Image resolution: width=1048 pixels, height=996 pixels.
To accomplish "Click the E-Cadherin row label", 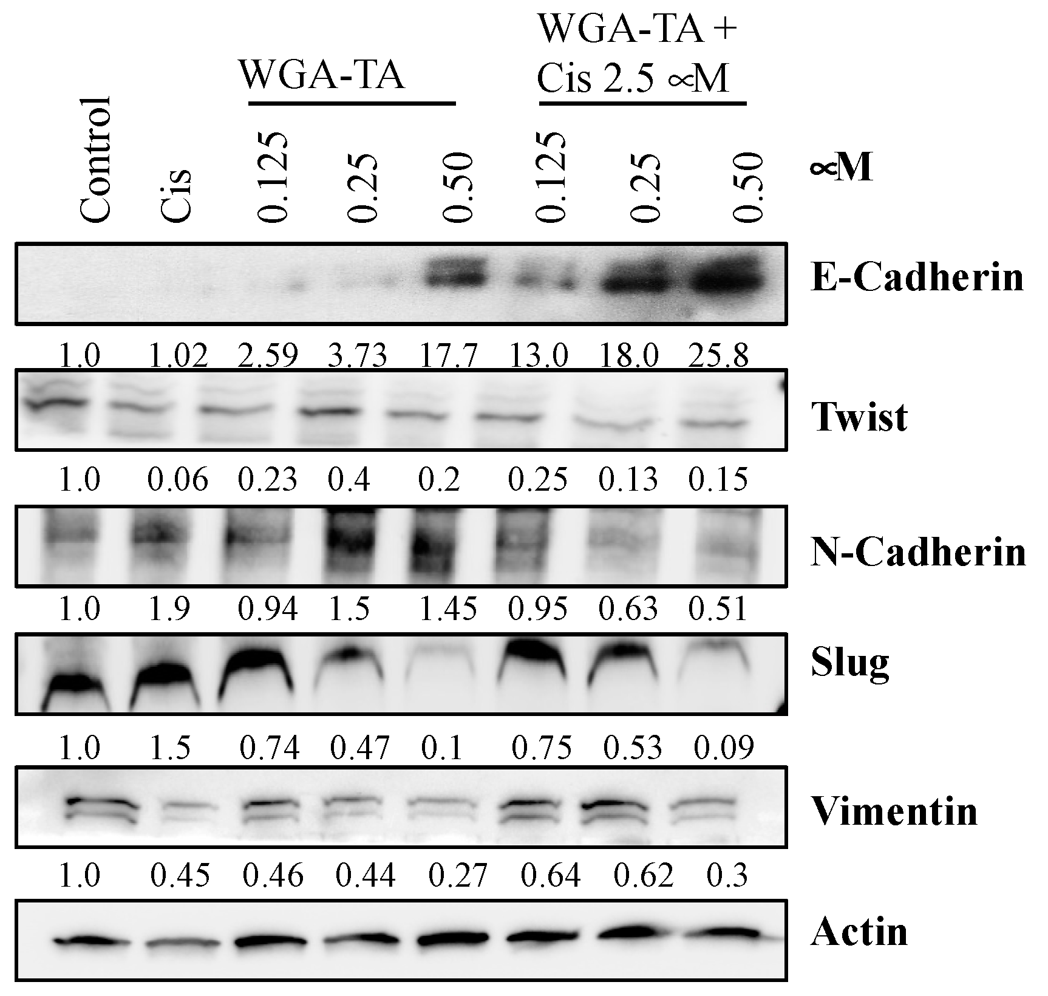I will pos(917,279).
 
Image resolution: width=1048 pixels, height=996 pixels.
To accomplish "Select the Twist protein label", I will pos(859,417).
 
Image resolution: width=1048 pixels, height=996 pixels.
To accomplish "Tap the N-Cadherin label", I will pos(918,552).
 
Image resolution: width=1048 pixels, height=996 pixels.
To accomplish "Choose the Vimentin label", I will pos(894,811).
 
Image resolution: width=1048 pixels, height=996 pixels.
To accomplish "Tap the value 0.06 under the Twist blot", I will pos(179,481).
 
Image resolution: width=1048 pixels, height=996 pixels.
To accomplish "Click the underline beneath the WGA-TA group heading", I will pos(352,104).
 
